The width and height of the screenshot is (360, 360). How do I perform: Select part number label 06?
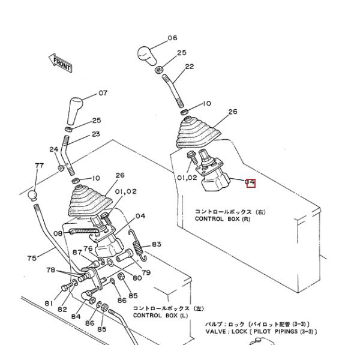tap(172, 38)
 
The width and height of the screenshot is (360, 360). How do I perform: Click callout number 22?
tap(189, 67)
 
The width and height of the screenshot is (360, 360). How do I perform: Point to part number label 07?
tap(103, 93)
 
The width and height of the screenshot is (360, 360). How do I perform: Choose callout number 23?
tap(96, 134)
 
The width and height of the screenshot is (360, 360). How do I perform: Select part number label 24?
tap(53, 149)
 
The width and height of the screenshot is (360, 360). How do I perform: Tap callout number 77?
tap(39, 165)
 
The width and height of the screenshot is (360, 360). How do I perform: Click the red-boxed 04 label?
tap(251, 182)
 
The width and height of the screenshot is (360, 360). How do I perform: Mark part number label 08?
tap(58, 234)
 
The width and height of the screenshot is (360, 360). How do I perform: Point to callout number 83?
tap(156, 244)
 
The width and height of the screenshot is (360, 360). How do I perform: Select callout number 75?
tap(31, 259)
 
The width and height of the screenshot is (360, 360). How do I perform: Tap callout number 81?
tap(48, 304)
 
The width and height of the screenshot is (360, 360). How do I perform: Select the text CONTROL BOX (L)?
tap(160, 315)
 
